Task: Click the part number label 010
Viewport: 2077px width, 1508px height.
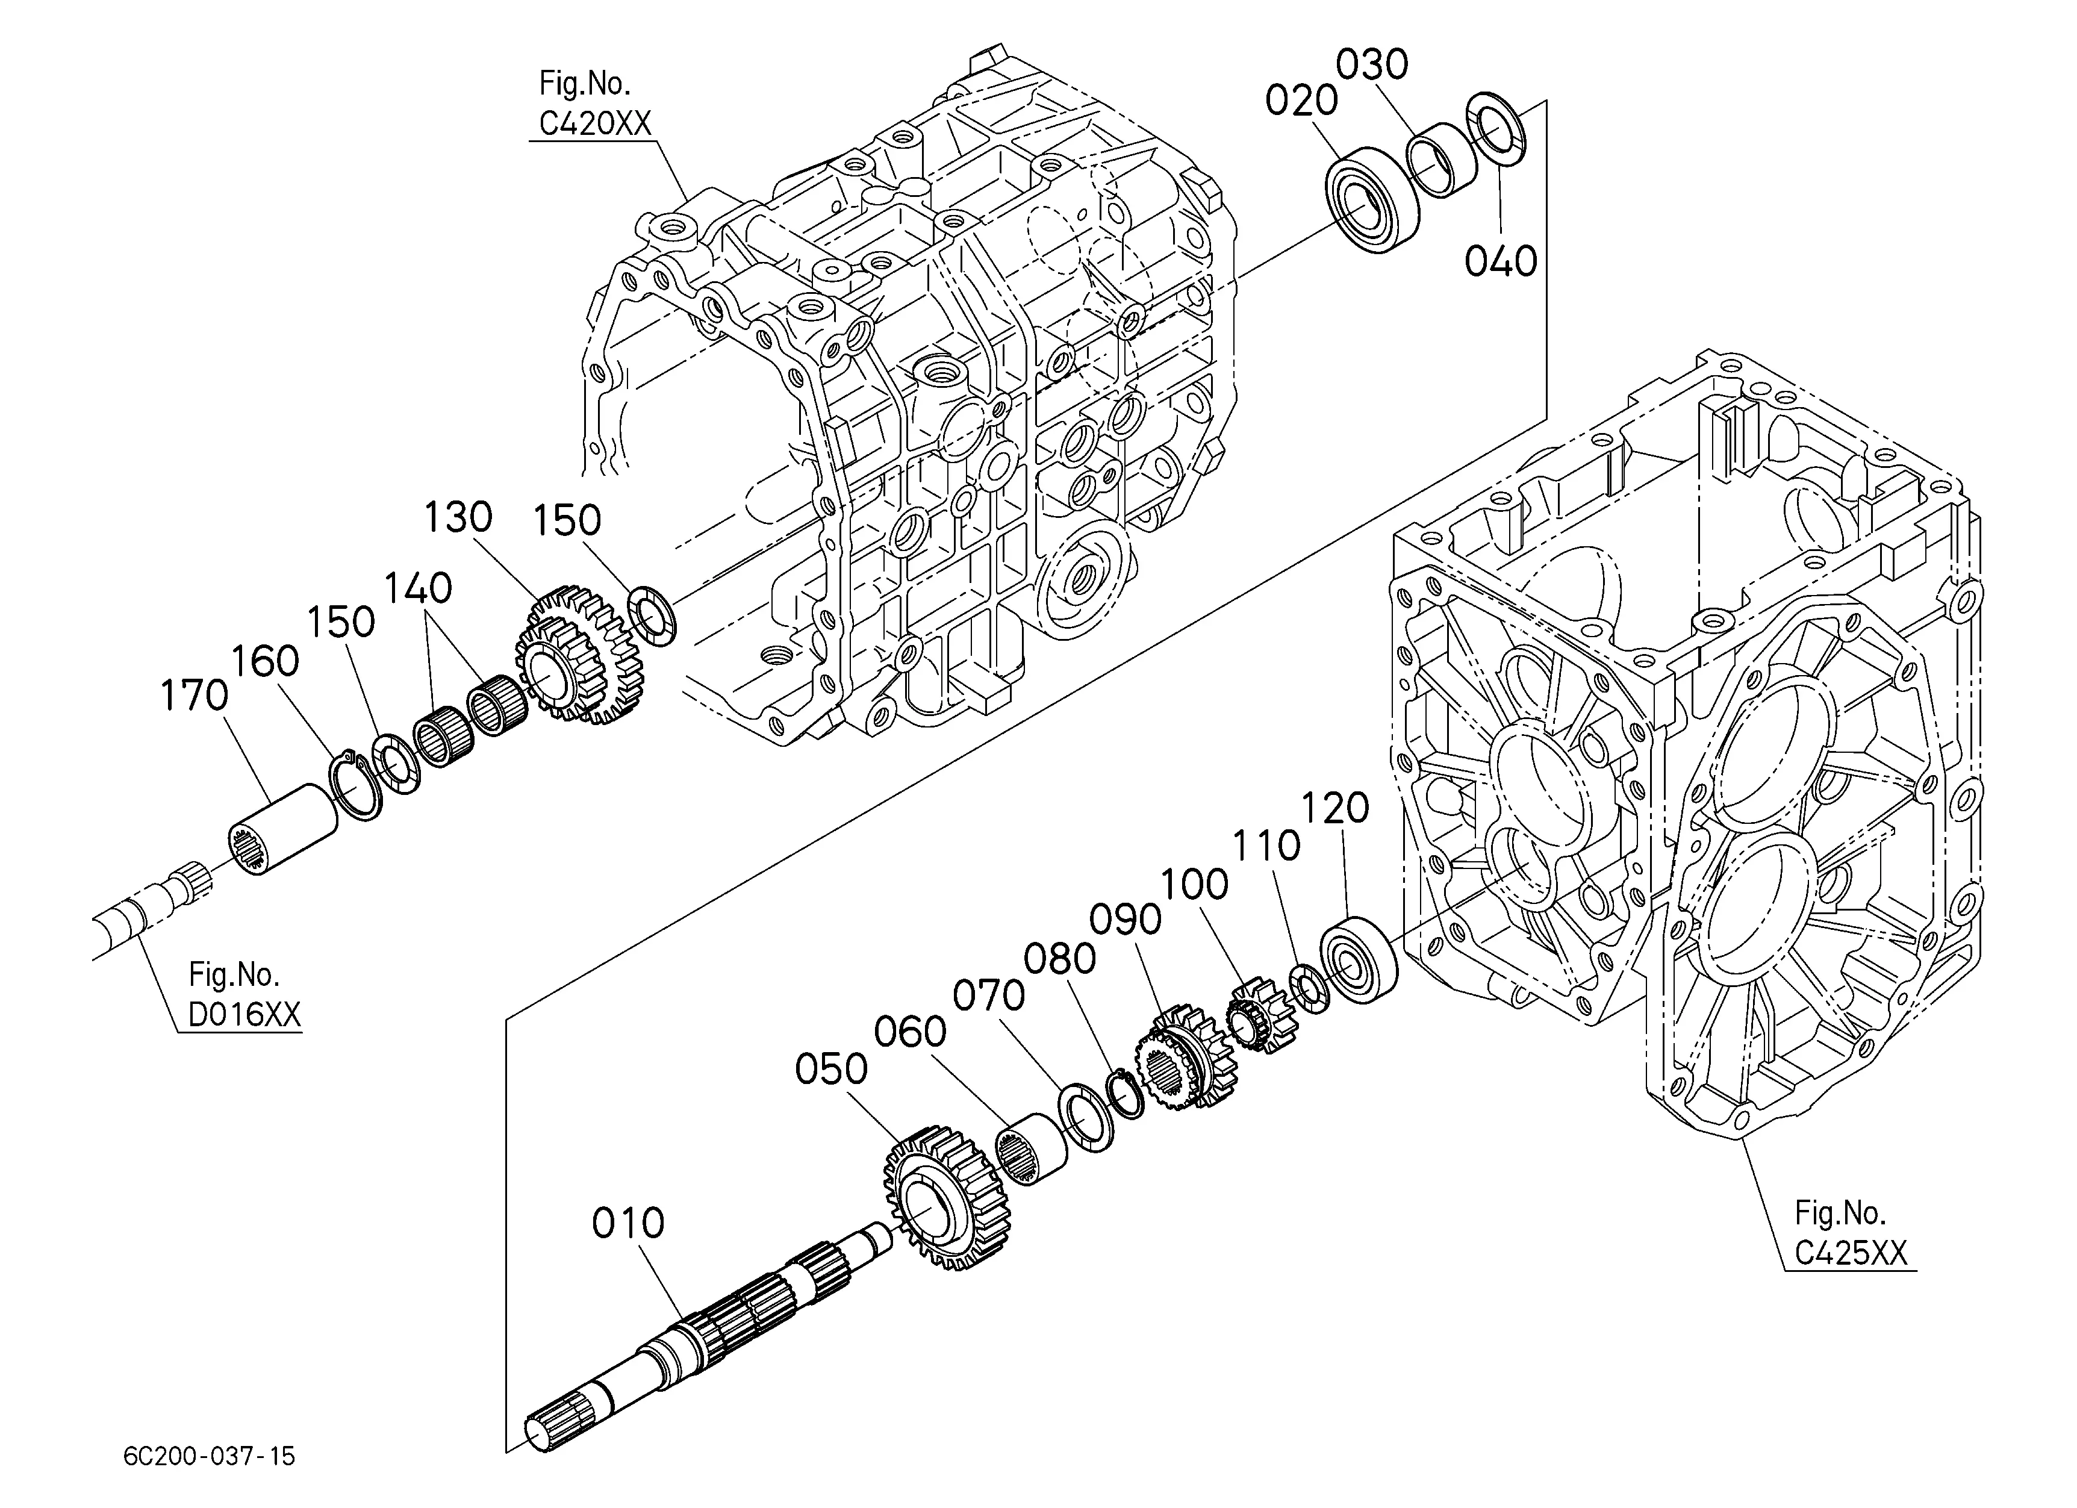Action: tap(627, 1223)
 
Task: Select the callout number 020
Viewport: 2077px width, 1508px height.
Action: tap(1301, 101)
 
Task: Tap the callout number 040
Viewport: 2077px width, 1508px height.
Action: tap(1500, 262)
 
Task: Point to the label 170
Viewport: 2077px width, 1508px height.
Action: tap(193, 696)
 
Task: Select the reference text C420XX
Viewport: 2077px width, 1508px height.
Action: tap(595, 123)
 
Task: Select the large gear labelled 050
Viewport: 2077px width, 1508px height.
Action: tap(947, 1198)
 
